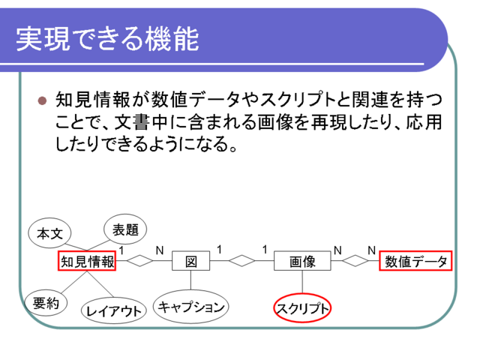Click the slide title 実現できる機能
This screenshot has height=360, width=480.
click(x=107, y=39)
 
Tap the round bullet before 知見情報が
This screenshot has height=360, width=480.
click(x=42, y=100)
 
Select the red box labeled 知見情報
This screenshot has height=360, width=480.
click(x=87, y=261)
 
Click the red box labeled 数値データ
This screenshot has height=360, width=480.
click(x=415, y=261)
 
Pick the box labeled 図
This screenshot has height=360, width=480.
click(x=191, y=261)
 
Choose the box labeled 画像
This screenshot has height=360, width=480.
click(x=302, y=261)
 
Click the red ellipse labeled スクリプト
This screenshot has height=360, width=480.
click(x=302, y=308)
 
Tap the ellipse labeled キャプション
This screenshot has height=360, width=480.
click(x=191, y=307)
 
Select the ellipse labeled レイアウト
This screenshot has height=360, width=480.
click(x=114, y=310)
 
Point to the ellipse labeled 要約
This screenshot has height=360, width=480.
click(x=46, y=303)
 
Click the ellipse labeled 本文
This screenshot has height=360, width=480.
click(x=49, y=233)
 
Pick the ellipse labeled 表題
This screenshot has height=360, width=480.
click(x=125, y=229)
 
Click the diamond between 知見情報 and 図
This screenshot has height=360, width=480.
click(x=140, y=261)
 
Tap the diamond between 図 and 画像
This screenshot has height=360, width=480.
click(x=241, y=261)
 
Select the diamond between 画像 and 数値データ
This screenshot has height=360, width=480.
click(x=355, y=261)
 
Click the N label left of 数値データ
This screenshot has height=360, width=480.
click(x=372, y=250)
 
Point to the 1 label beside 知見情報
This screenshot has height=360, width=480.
click(x=121, y=250)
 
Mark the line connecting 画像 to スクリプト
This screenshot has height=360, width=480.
click(x=302, y=282)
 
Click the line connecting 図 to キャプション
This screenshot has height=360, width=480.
click(x=191, y=280)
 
